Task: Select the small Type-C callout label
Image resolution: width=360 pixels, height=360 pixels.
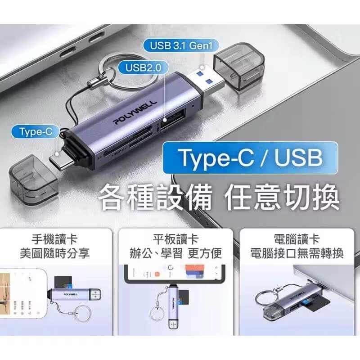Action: click(36, 131)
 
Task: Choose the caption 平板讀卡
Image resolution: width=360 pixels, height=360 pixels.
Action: click(179, 239)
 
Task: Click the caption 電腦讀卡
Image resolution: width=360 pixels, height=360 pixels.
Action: click(297, 239)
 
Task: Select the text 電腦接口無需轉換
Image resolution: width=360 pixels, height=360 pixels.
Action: click(297, 253)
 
